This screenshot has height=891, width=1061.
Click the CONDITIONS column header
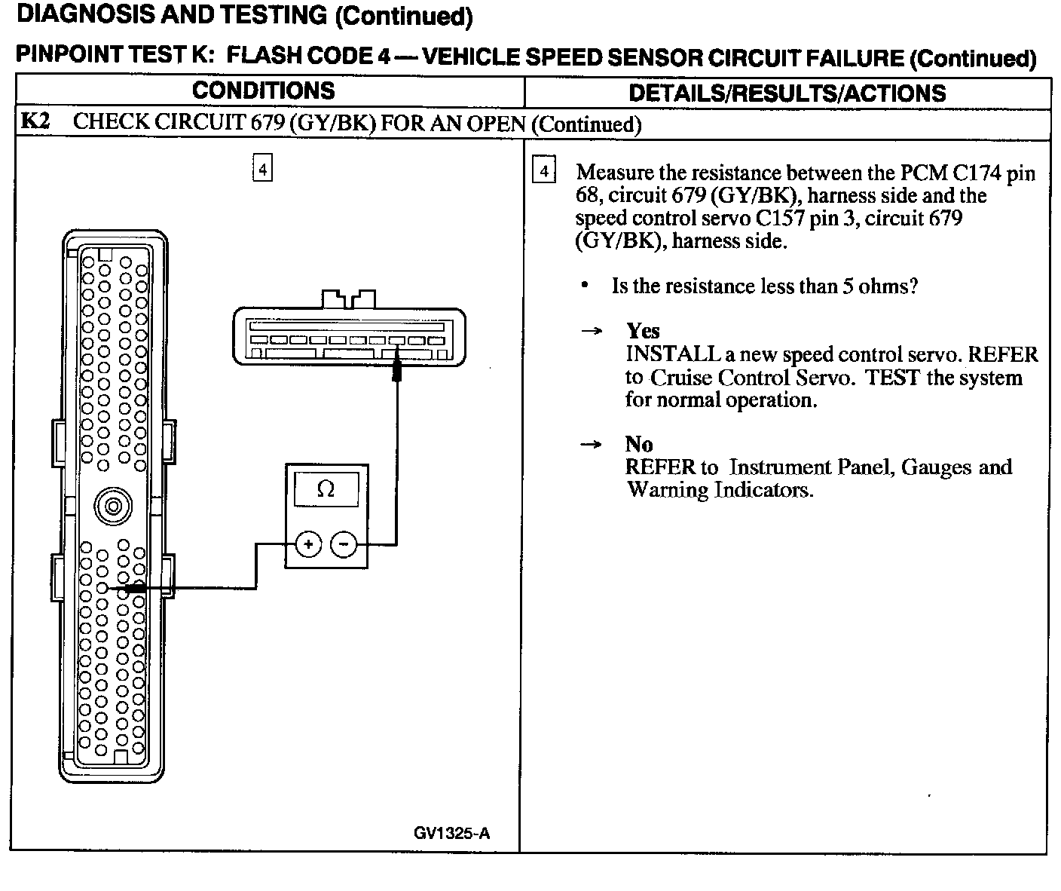263,91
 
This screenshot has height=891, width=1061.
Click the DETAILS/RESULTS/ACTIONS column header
787,93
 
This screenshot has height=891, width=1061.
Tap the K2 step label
35,122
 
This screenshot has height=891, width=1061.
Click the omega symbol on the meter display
326,490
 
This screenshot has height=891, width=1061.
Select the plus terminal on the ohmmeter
309,543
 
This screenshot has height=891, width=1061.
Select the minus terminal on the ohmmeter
344,543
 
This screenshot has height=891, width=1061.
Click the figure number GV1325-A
451,833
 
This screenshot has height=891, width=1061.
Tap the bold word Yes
643,331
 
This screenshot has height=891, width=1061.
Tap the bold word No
639,444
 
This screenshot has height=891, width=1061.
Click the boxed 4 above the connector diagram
262,169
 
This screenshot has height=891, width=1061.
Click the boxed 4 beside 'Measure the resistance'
544,171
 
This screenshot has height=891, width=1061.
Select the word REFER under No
660,467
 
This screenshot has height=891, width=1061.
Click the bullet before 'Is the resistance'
585,286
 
